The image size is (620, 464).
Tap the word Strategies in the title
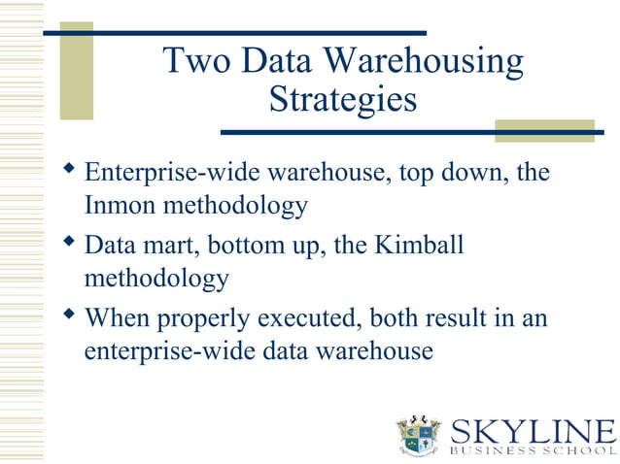[x=342, y=99]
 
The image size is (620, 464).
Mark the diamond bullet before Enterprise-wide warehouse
[x=67, y=171]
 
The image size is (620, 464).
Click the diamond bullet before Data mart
[x=67, y=243]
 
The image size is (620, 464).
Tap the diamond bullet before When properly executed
[x=67, y=315]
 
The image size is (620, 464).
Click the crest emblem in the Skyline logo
[x=421, y=436]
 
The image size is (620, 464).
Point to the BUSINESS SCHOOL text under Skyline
[x=533, y=450]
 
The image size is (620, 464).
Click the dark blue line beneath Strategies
[x=408, y=132]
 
